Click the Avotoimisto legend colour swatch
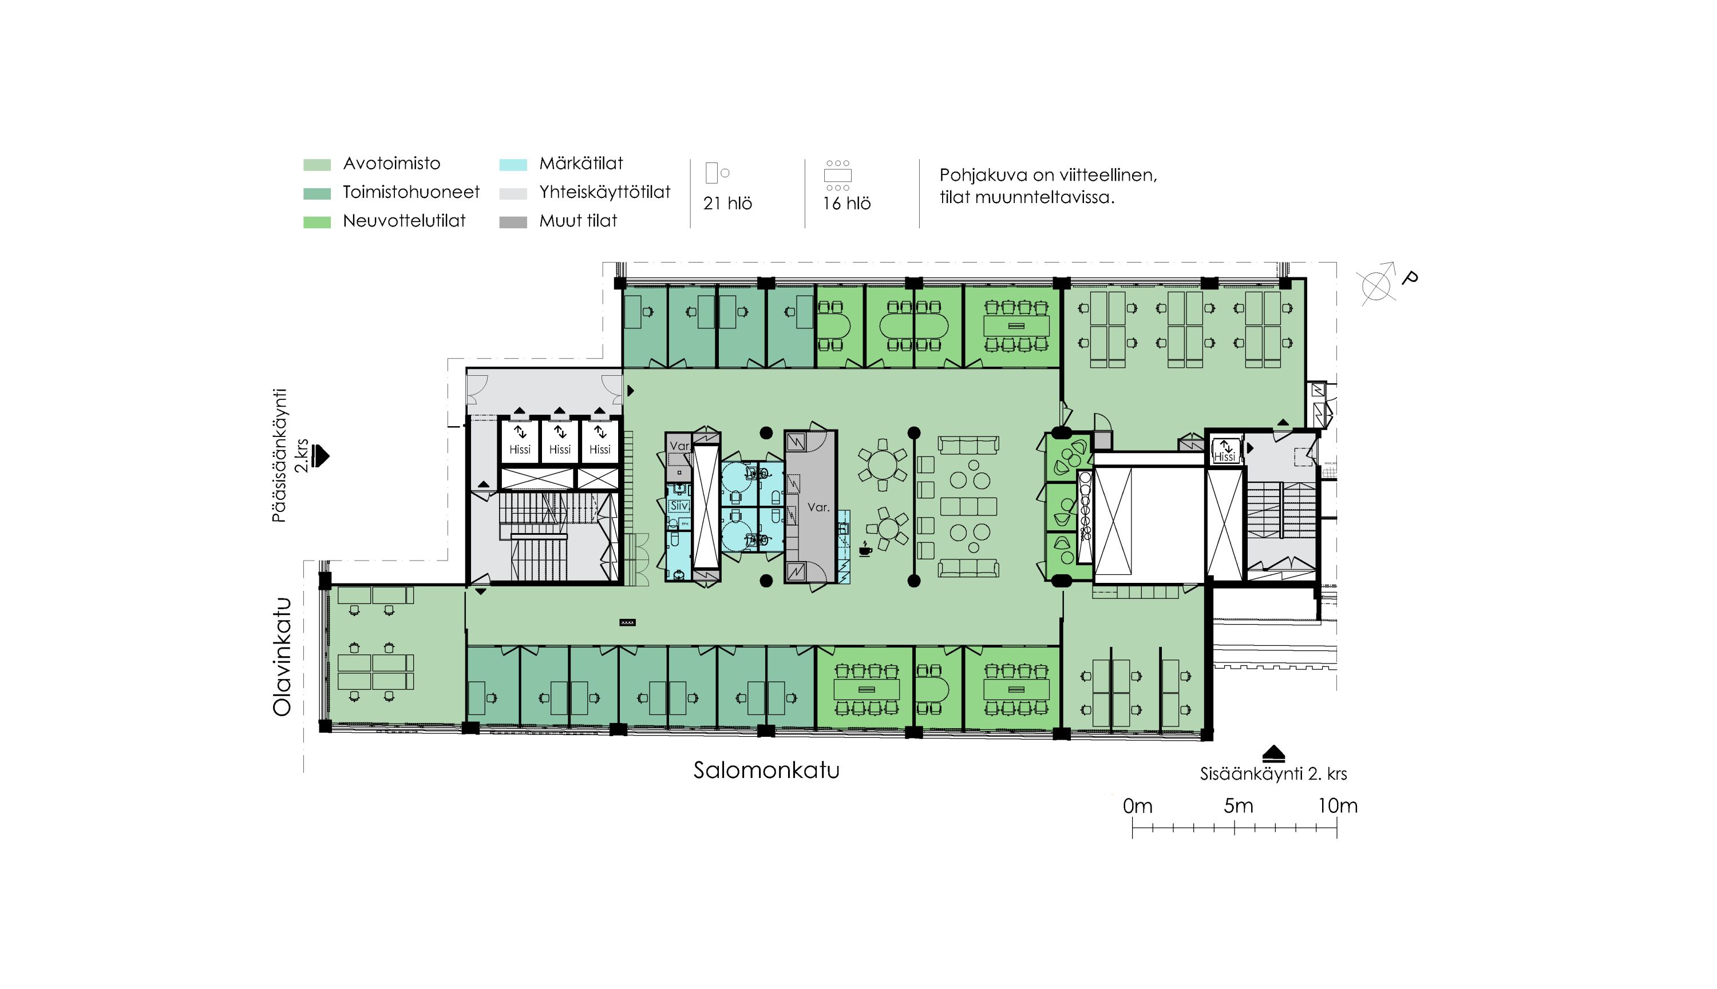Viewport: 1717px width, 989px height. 317,164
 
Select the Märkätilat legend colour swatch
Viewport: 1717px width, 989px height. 513,164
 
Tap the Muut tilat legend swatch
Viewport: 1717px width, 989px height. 513,222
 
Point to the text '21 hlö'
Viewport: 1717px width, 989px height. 727,203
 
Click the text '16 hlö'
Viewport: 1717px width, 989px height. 846,203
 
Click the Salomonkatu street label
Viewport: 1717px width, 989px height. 766,770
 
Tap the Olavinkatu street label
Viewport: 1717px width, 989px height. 282,657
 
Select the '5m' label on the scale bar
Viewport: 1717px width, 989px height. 1238,805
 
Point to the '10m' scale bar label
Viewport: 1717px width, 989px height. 1338,805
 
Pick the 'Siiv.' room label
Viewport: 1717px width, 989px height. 679,506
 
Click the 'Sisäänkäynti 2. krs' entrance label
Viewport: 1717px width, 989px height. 1273,774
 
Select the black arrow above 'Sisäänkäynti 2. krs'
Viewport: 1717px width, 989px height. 1273,753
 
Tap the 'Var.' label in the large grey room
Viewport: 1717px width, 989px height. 818,507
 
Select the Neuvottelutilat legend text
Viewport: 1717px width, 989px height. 404,221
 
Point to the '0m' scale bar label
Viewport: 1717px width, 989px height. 1137,805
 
